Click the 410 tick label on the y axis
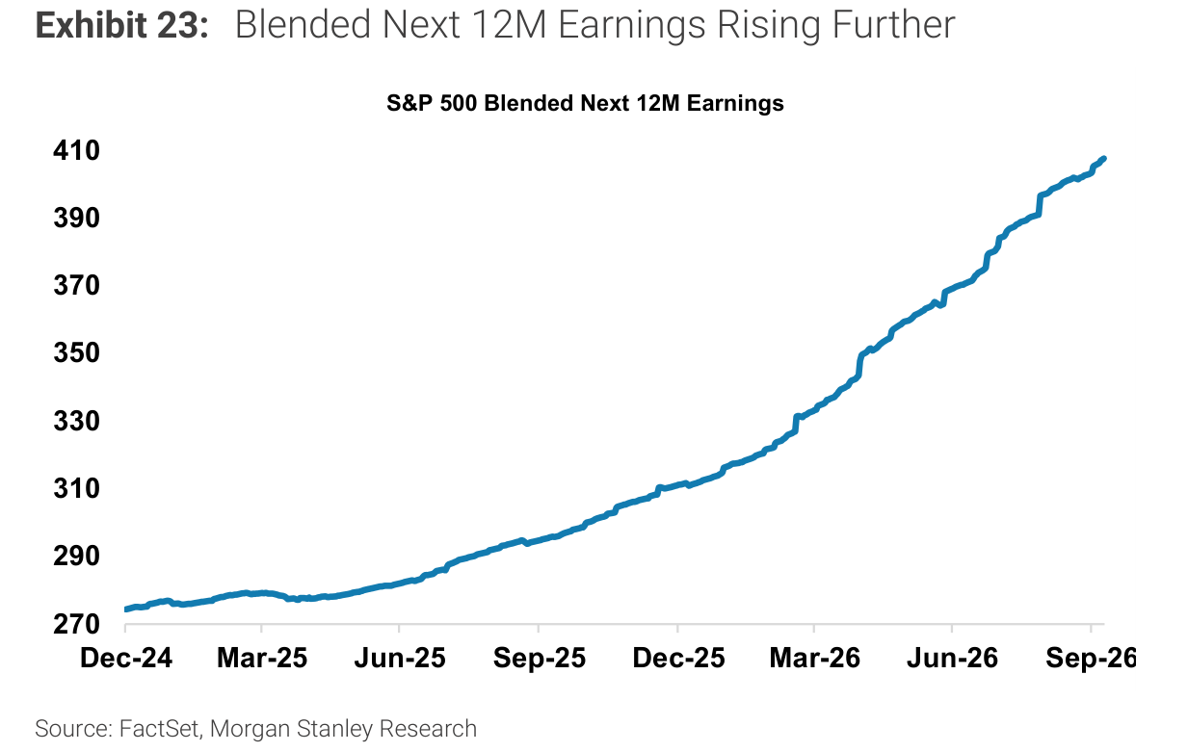coord(76,150)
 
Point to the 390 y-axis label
coord(76,218)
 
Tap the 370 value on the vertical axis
coord(76,285)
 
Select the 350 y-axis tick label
coord(76,352)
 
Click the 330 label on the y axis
coord(76,421)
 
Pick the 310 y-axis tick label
coord(76,488)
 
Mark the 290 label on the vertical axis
coord(76,556)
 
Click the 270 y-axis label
coord(76,624)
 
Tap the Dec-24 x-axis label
coord(126,659)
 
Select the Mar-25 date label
coord(262,659)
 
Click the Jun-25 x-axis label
coord(400,659)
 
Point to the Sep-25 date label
coord(540,659)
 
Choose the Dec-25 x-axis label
coord(679,659)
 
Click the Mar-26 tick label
coord(814,659)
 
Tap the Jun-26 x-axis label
coord(953,659)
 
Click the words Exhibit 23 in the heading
coord(122,25)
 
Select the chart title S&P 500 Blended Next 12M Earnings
coord(585,103)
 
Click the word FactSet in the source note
coord(159,728)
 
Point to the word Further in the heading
coord(894,25)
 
